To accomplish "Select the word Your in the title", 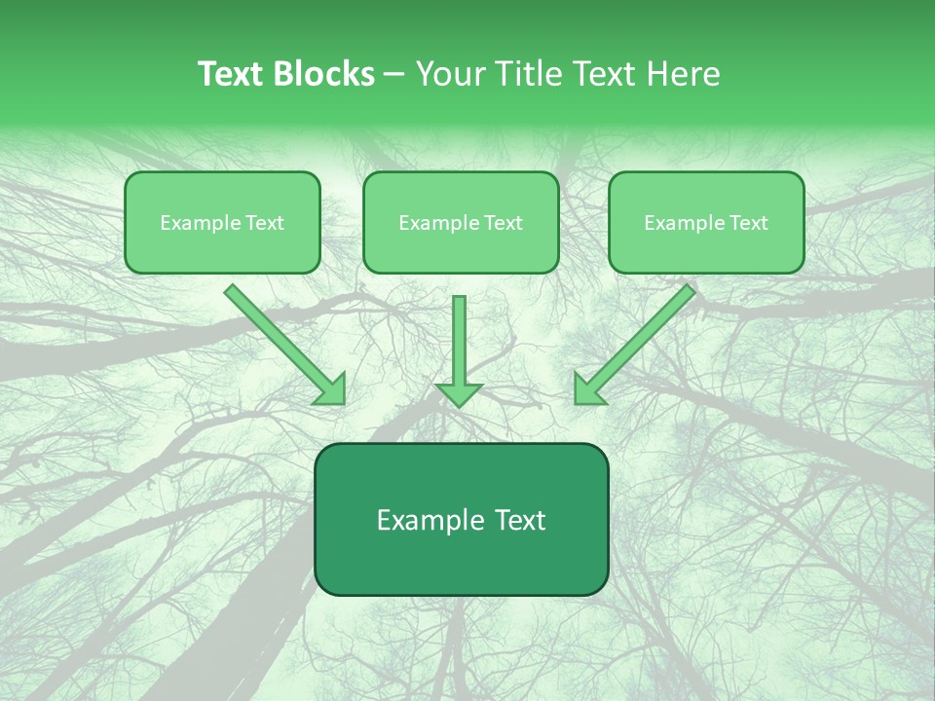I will [x=450, y=74].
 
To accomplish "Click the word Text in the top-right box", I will [x=748, y=223].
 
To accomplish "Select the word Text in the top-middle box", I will [x=503, y=223].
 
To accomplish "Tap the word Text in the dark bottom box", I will [x=522, y=520].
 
